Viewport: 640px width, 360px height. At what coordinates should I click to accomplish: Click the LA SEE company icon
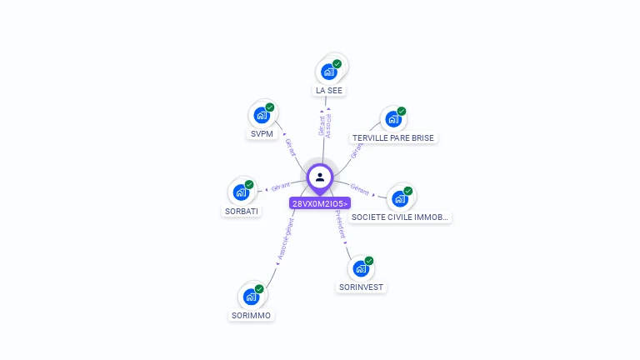(x=329, y=72)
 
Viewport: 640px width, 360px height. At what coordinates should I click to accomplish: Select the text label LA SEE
(x=328, y=90)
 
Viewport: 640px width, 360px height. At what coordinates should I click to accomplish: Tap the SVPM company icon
(x=262, y=115)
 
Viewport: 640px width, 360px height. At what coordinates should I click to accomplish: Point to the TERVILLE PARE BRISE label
(x=393, y=137)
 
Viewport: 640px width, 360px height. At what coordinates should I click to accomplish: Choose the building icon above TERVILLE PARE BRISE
(x=392, y=119)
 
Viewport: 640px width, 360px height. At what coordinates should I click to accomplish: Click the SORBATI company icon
(x=241, y=192)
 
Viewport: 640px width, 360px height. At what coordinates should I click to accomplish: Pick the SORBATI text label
(x=242, y=211)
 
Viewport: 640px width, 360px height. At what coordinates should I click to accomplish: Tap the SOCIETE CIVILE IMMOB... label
(x=400, y=217)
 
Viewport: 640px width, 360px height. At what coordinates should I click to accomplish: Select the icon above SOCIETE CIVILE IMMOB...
(x=401, y=198)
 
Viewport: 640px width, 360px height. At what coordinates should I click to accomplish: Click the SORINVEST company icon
(x=361, y=268)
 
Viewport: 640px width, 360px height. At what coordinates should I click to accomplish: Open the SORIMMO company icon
(x=251, y=296)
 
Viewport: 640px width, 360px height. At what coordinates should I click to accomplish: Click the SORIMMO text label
(x=251, y=315)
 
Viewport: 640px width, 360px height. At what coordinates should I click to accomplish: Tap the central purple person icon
(x=320, y=177)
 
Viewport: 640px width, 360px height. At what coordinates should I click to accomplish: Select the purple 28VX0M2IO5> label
(x=320, y=203)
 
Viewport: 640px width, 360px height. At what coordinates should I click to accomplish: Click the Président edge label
(x=340, y=225)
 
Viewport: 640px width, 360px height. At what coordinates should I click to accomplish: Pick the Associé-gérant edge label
(x=284, y=241)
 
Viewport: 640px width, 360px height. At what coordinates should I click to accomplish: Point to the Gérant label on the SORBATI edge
(x=281, y=185)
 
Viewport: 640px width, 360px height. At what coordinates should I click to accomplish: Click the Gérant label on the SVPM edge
(x=290, y=147)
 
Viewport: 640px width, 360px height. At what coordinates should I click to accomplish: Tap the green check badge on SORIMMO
(x=259, y=288)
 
